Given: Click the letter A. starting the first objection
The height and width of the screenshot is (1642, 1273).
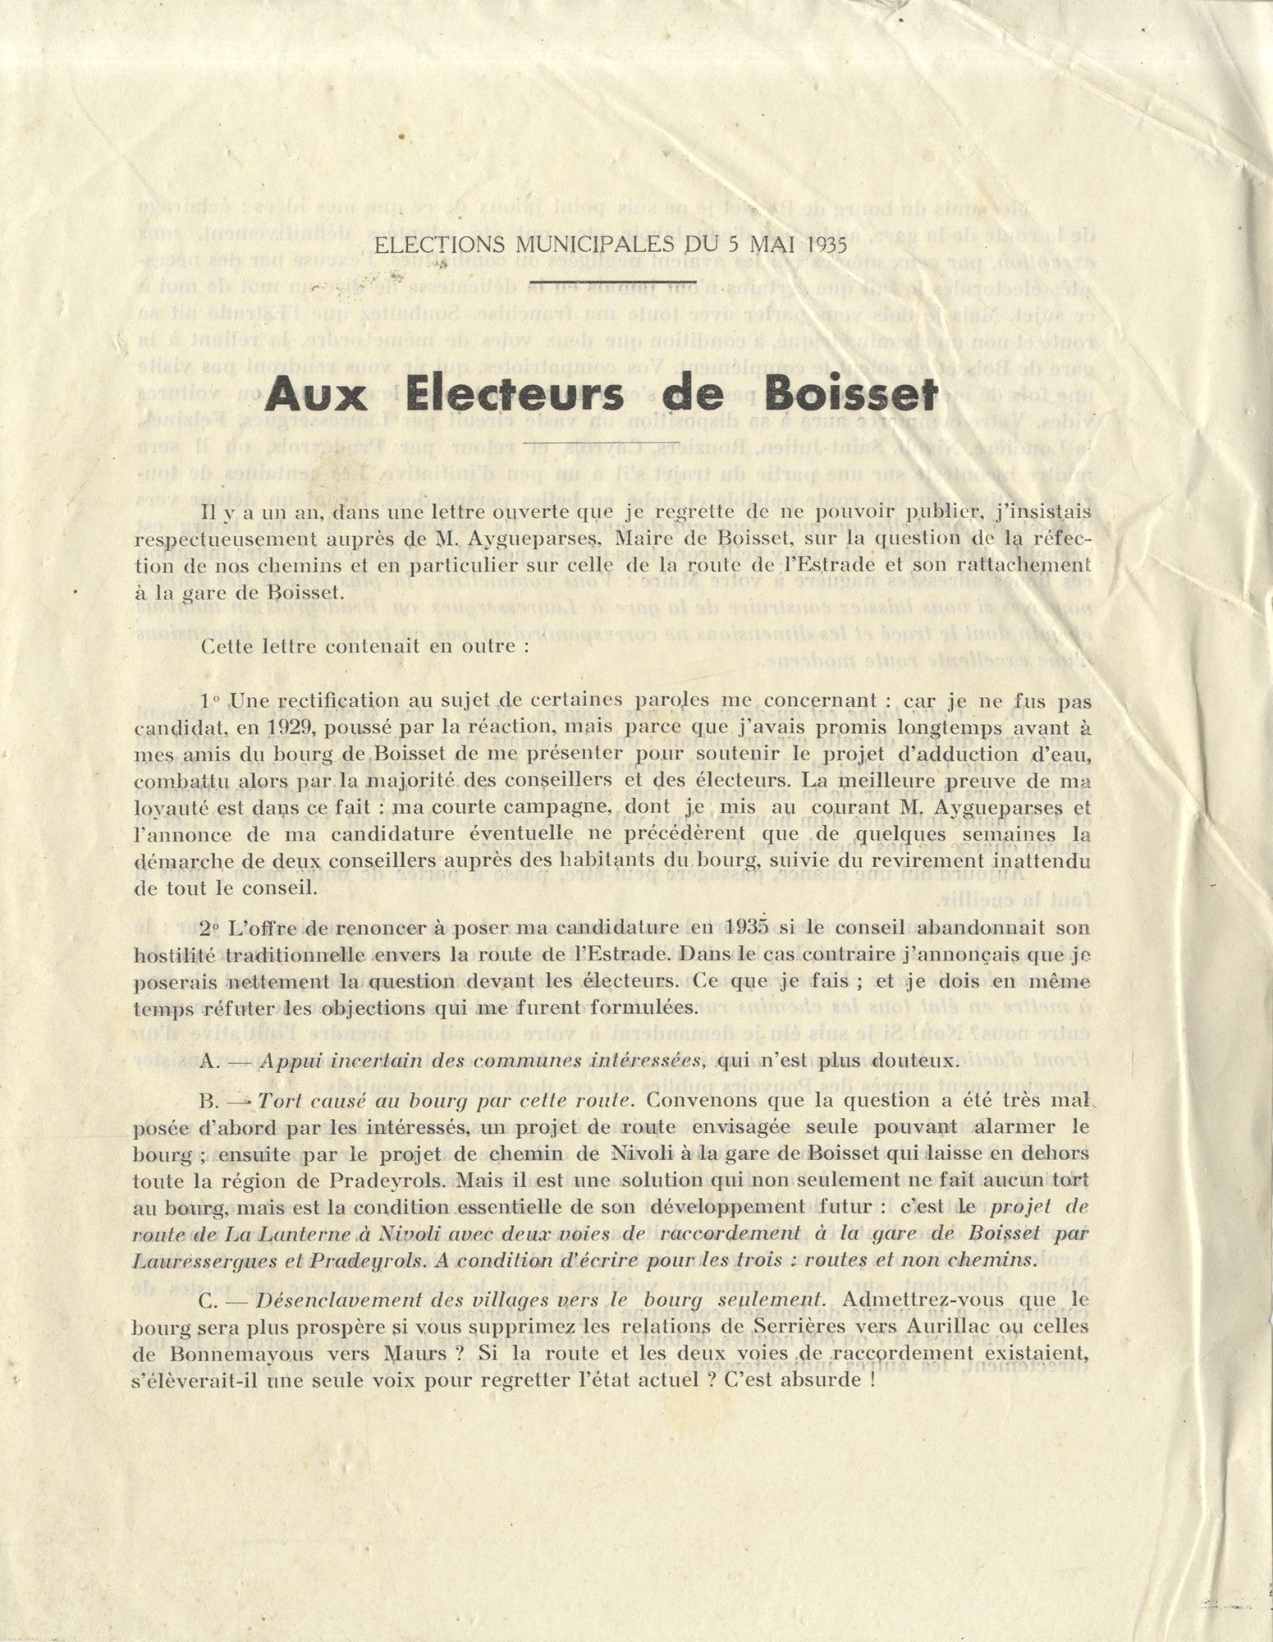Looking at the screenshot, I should click(208, 1060).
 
